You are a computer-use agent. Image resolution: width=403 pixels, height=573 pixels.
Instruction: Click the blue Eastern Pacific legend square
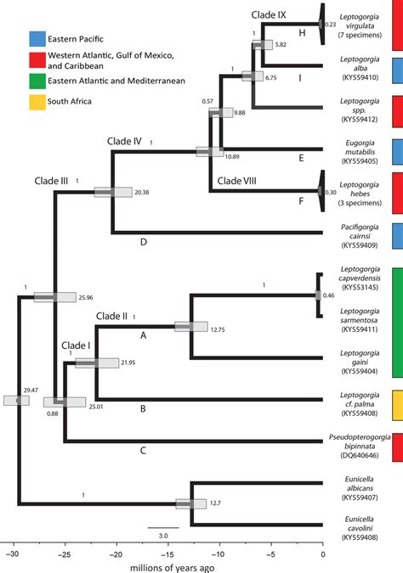click(x=37, y=37)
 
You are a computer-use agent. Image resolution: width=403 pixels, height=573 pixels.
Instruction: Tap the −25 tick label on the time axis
click(x=63, y=554)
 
